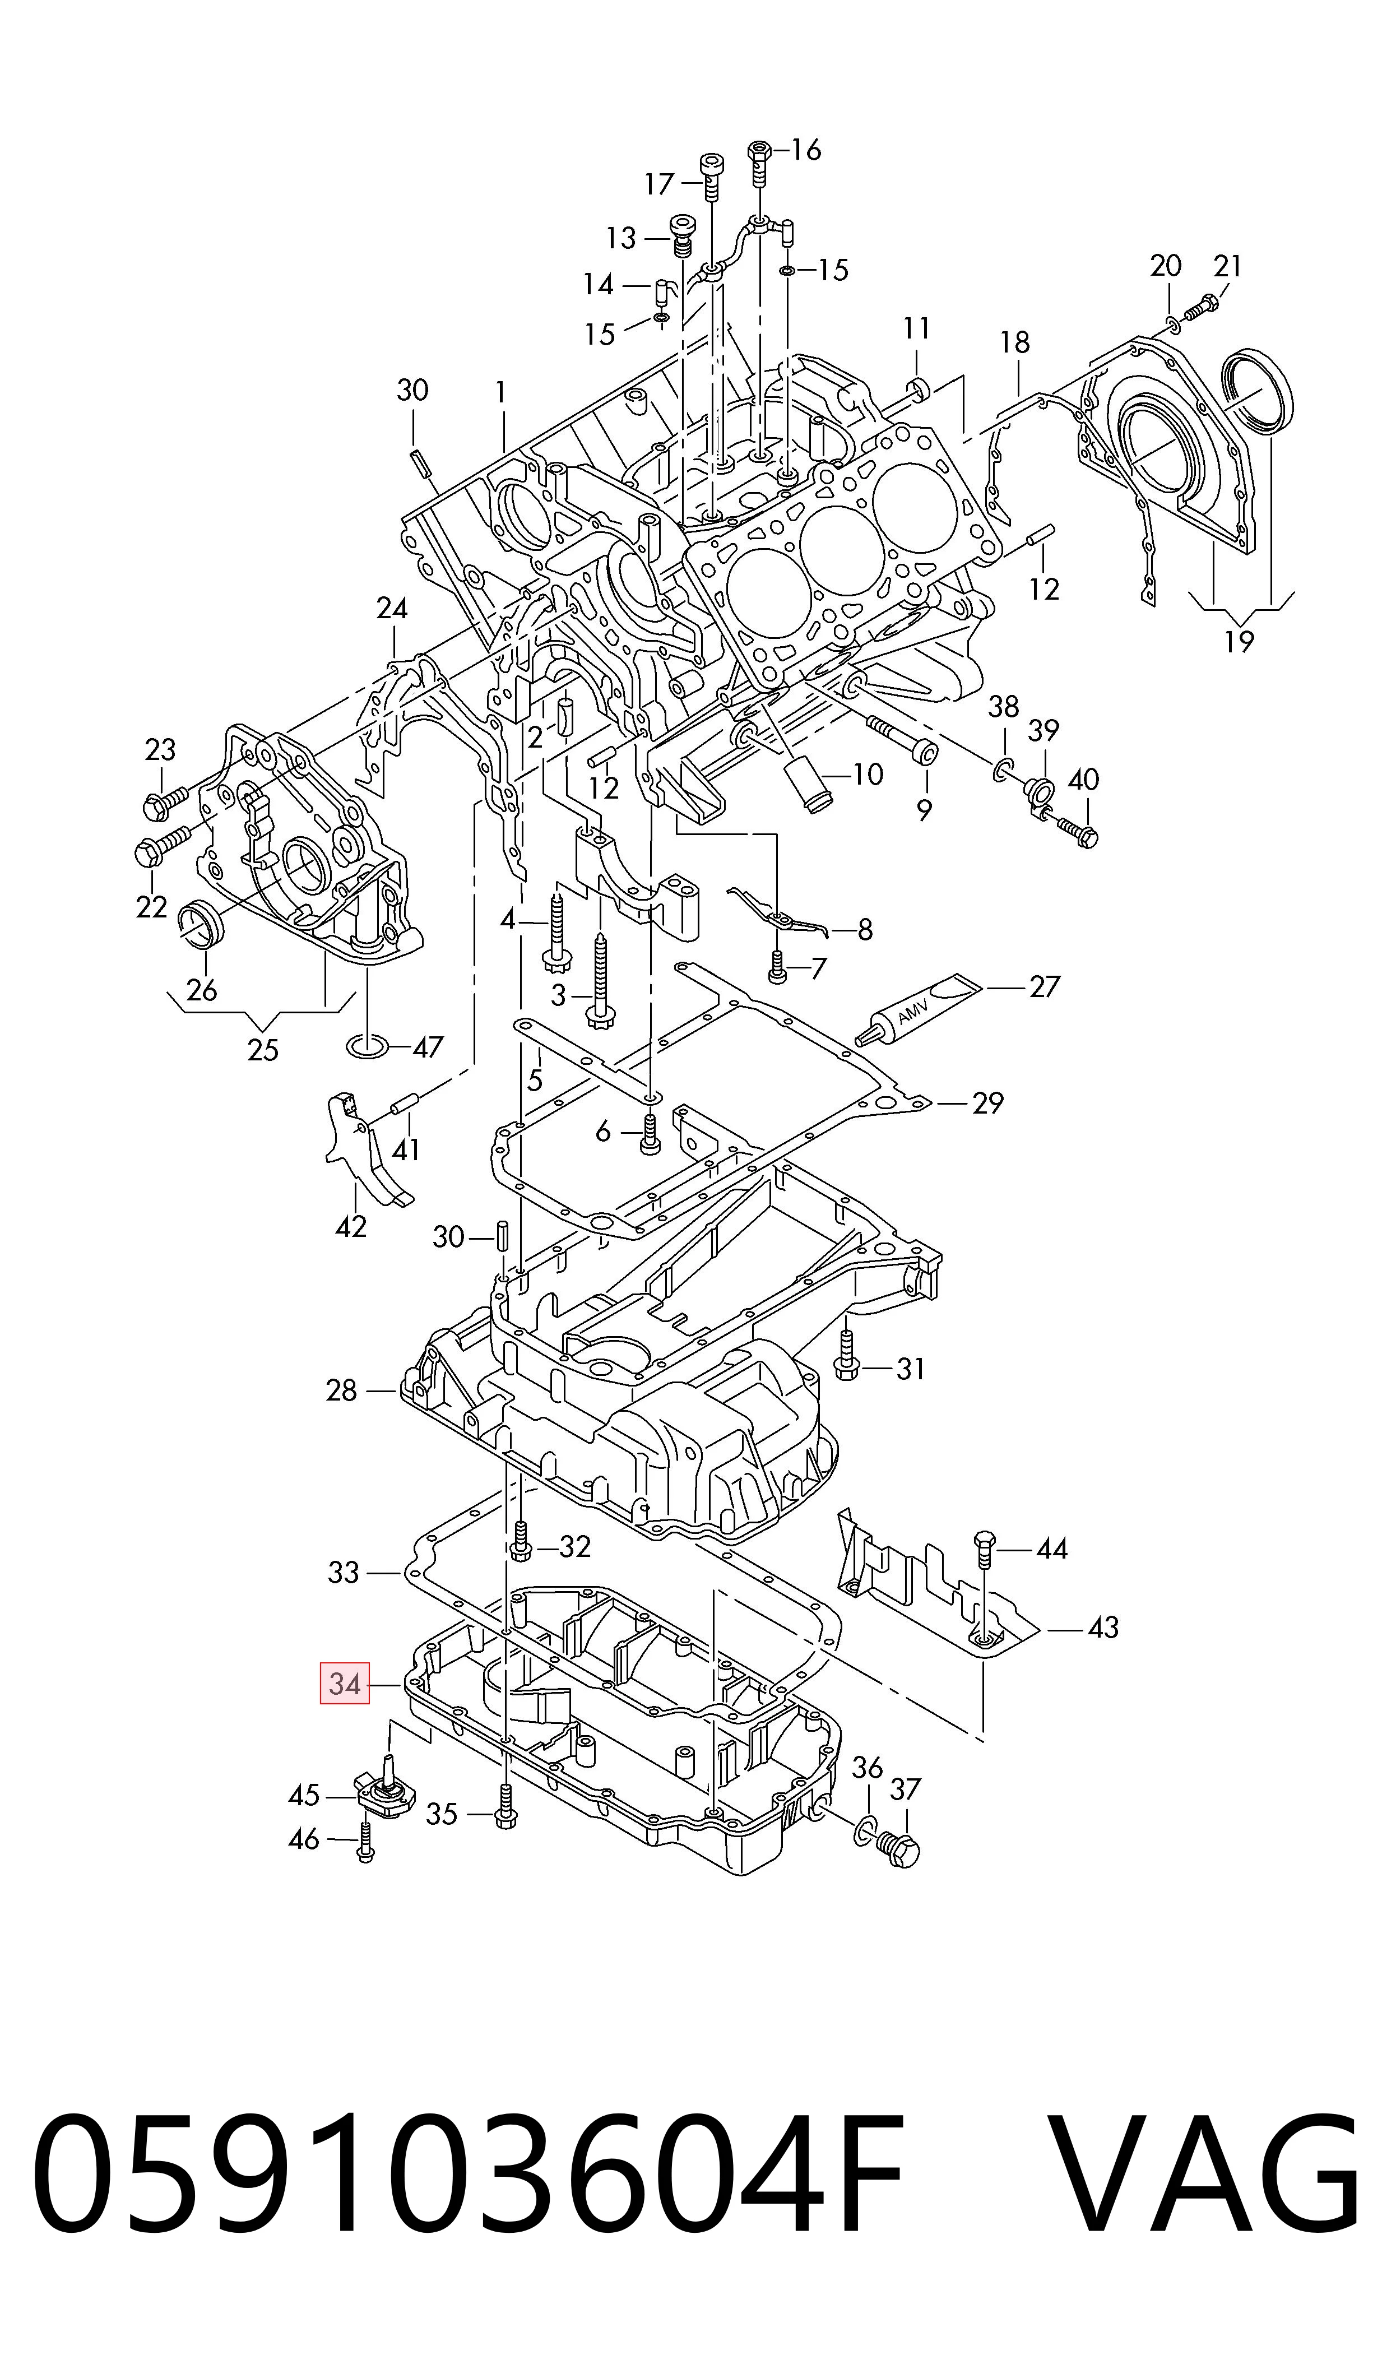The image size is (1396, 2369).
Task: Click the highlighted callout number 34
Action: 344,1684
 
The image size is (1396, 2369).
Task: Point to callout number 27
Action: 1044,986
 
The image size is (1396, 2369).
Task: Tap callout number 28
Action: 341,1390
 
